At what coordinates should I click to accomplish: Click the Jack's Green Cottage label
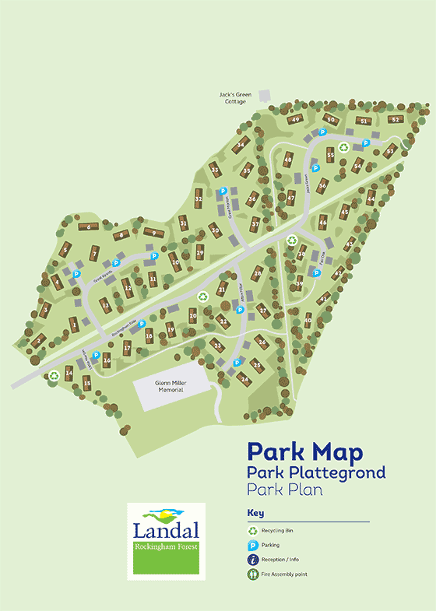[x=234, y=98]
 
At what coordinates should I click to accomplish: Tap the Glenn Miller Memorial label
[x=169, y=387]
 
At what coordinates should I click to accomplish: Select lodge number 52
[x=396, y=119]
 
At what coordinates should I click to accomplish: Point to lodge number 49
[x=296, y=119]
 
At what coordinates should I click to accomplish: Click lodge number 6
[x=90, y=226]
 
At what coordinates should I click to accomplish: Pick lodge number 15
[x=87, y=384]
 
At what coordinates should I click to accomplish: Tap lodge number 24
[x=244, y=379]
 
